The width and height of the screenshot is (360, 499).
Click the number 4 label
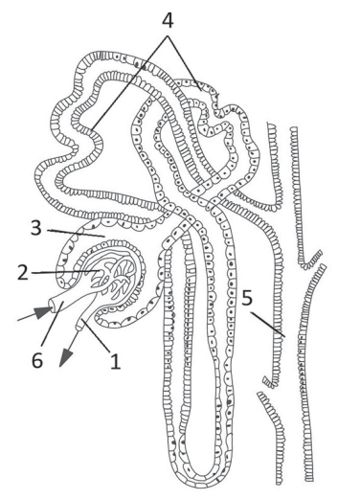168,21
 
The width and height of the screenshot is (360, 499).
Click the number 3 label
36,229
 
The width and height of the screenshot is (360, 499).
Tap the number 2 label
22,273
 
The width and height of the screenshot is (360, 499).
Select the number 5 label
247,298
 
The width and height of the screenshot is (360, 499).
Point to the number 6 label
37,360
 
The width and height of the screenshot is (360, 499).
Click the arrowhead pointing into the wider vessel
44,312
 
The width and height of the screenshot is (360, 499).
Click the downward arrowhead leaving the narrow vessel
66,357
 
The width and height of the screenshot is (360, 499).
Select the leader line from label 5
267,324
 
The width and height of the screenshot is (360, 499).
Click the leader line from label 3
76,233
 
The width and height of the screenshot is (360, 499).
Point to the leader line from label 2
64,272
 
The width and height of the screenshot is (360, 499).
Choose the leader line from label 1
96,335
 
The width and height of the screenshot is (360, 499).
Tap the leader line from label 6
53,326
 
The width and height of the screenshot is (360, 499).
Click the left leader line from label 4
129,83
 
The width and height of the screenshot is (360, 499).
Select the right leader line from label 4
184,63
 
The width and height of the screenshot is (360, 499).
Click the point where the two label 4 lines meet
168,36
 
